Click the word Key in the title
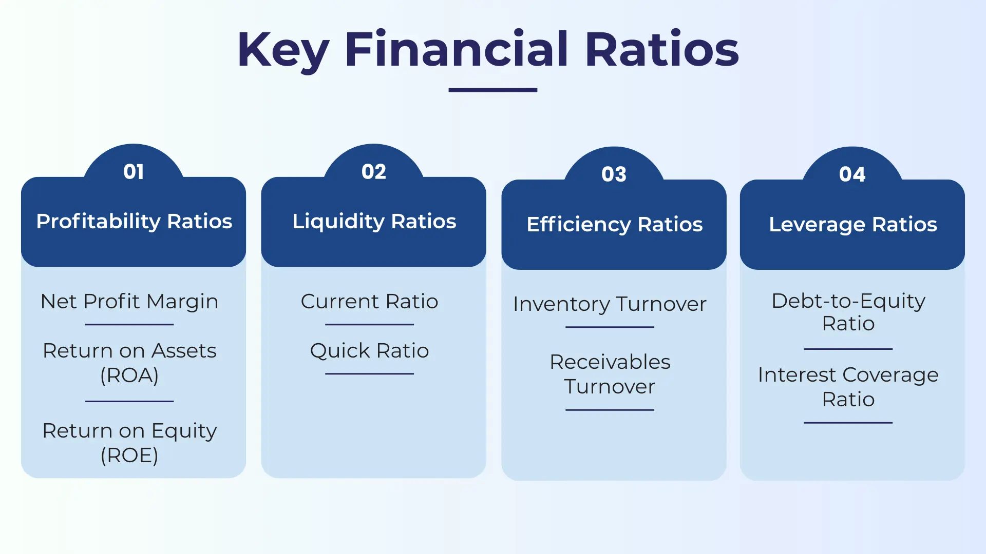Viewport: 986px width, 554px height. point(283,50)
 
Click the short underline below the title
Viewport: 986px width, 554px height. point(492,90)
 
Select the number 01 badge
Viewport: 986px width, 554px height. point(134,172)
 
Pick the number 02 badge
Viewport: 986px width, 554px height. point(373,172)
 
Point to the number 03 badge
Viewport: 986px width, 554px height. point(614,174)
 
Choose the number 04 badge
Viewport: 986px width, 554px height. point(852,174)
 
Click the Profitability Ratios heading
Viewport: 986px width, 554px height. point(134,221)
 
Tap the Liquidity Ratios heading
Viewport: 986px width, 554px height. point(374,221)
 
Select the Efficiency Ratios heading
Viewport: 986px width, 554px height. point(614,224)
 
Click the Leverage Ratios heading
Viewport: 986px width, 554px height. point(852,224)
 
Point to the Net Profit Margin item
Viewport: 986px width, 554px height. point(129,301)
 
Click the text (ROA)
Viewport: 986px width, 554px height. point(129,375)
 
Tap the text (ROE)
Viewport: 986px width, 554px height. point(129,455)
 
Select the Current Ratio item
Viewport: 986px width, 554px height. point(369,301)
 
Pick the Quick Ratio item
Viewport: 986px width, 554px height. point(369,350)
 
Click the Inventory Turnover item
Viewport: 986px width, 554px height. point(610,304)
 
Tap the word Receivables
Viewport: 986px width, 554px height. point(610,362)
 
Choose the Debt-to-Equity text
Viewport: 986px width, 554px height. point(848,301)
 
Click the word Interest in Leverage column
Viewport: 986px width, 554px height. point(797,374)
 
